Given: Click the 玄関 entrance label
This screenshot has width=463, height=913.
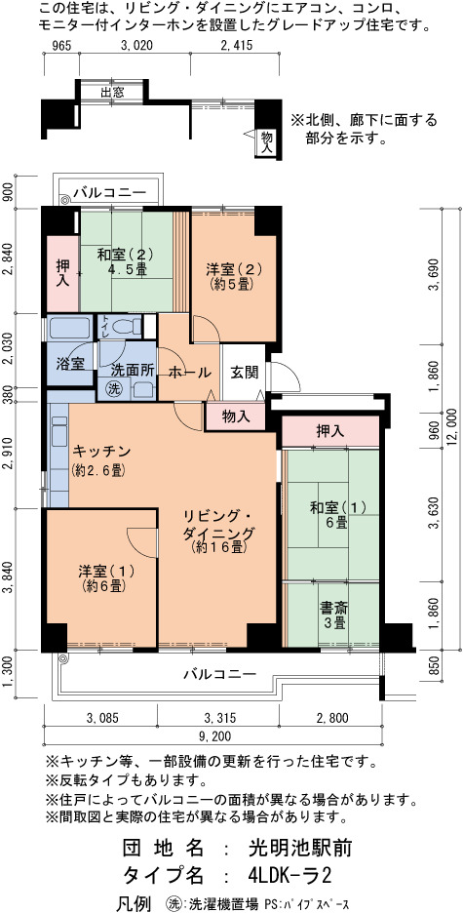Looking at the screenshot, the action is (x=244, y=373).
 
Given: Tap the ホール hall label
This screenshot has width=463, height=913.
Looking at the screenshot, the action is (x=189, y=373).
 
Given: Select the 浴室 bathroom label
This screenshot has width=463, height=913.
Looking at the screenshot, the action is (x=70, y=363).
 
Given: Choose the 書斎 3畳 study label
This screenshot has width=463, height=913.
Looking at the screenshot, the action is (x=334, y=615).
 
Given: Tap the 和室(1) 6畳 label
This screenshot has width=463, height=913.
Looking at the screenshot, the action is (x=338, y=515).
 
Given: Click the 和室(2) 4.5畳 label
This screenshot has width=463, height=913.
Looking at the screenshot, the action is (x=125, y=261).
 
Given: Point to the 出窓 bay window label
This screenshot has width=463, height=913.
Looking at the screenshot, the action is (x=111, y=92).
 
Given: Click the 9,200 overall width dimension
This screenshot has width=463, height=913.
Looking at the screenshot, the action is (x=212, y=736).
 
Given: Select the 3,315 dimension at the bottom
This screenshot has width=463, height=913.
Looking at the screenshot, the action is (x=217, y=717).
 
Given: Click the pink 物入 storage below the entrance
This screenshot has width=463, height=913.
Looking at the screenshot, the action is (x=236, y=417).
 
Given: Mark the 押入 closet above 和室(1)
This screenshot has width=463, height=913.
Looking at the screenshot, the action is (x=330, y=431).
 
